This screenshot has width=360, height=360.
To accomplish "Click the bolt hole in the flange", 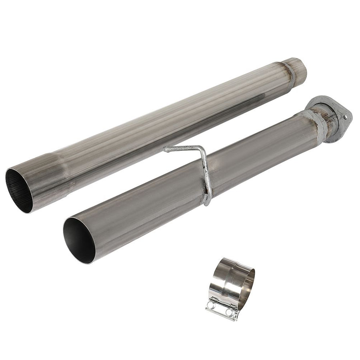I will pos(345,117).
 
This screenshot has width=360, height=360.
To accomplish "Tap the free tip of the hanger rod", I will pos(166,150).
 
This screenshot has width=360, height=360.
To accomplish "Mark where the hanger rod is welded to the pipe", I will pos(207,200).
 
